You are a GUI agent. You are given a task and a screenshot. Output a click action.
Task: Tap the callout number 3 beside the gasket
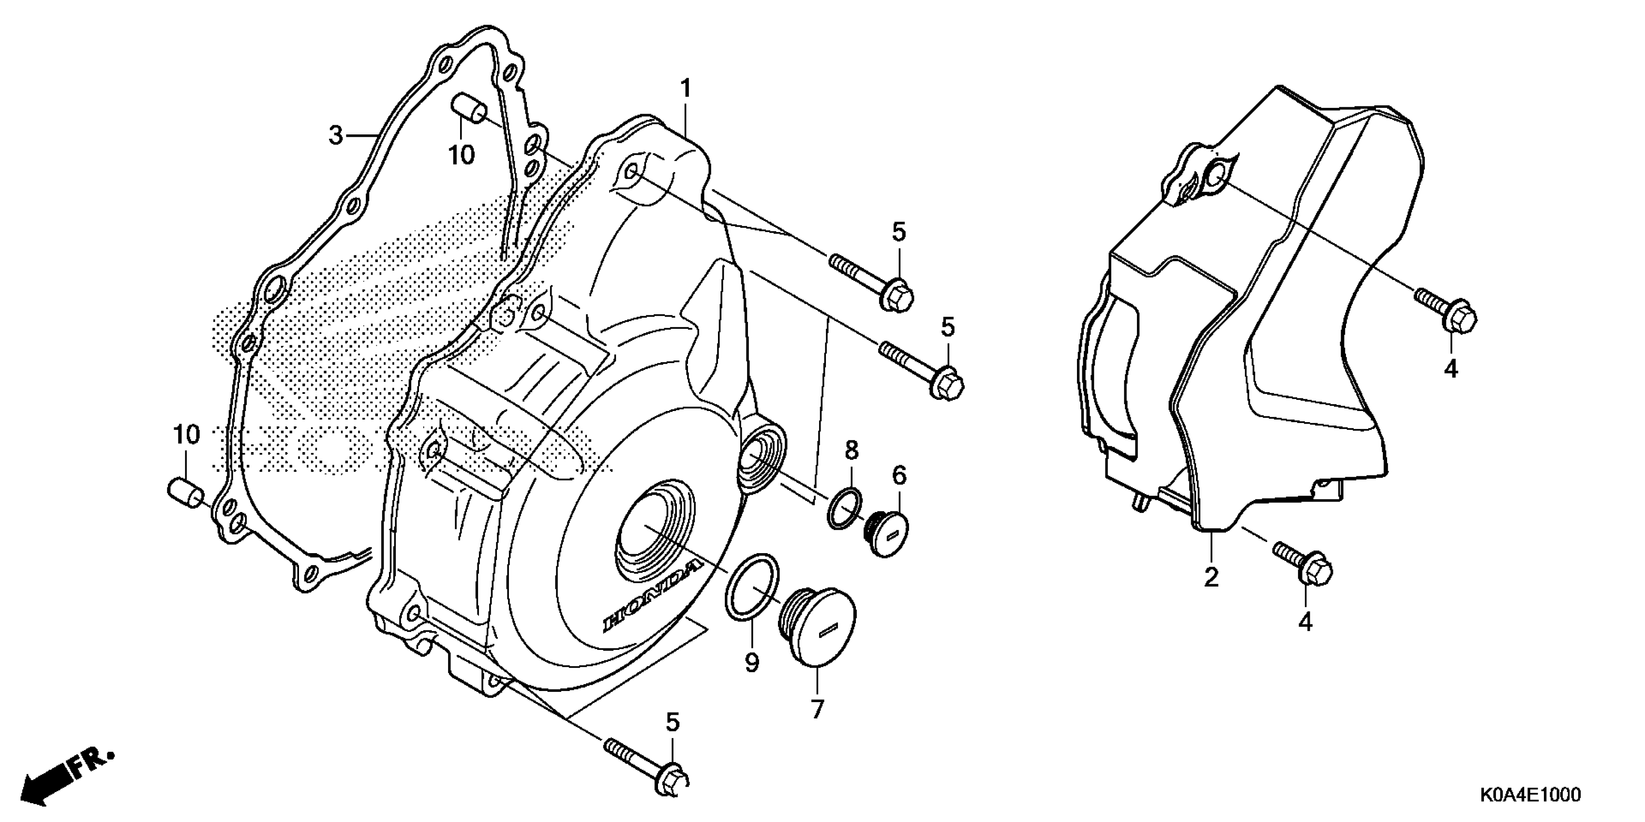pyautogui.click(x=336, y=136)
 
